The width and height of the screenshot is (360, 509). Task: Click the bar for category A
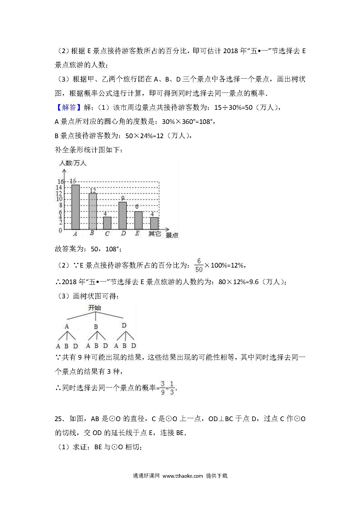point(75,207)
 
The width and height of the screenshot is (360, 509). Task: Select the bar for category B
point(93,212)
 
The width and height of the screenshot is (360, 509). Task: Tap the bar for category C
point(107,223)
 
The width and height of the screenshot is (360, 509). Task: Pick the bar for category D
point(123,216)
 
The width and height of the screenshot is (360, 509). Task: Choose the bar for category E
point(138,220)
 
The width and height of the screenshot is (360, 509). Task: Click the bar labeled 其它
point(154,223)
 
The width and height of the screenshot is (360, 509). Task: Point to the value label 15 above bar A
point(73,181)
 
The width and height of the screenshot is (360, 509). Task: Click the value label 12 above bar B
point(93,190)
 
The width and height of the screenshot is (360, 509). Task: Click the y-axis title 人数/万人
point(73,163)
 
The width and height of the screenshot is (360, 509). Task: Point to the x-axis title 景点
point(172,235)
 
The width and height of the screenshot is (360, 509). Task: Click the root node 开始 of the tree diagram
point(95,308)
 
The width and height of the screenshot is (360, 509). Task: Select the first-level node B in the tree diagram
point(96,327)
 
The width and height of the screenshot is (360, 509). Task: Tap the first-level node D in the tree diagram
point(124,326)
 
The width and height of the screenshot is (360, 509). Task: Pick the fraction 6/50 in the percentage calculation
point(199,265)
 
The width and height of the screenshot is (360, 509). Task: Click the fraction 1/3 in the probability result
point(172,388)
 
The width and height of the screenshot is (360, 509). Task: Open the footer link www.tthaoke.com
point(182,476)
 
